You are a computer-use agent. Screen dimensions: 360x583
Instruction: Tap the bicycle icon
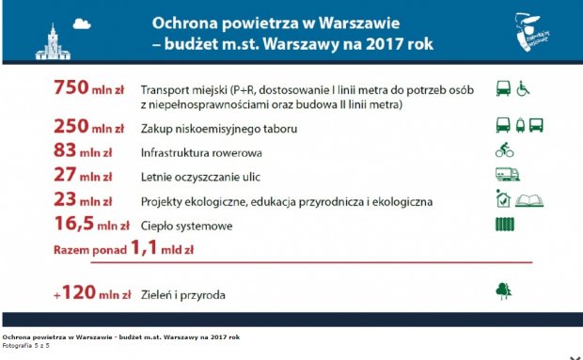click(505, 150)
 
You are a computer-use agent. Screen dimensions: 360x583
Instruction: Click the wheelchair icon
click(524, 88)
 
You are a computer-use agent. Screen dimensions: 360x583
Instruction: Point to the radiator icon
click(505, 225)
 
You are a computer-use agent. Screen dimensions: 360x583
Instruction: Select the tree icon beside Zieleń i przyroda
click(504, 292)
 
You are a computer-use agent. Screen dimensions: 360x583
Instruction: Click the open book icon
click(531, 199)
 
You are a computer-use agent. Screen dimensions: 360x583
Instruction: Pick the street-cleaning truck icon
click(507, 175)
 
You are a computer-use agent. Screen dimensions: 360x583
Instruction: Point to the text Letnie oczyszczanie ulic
click(198, 177)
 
